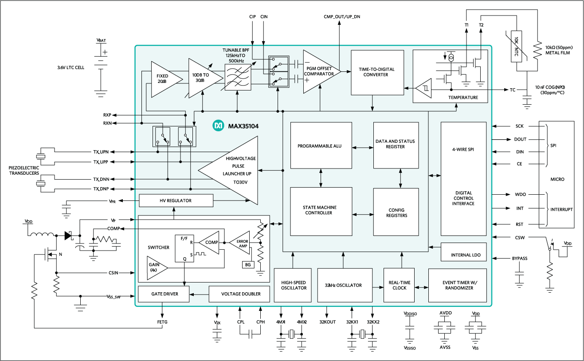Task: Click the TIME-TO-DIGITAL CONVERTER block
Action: [x=377, y=72]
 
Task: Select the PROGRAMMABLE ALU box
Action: [x=321, y=146]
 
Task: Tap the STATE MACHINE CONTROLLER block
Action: [x=321, y=211]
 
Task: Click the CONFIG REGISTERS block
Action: [x=396, y=212]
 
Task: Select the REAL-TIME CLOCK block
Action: [x=399, y=285]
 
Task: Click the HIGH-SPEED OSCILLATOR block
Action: [x=294, y=285]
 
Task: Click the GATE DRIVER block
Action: [x=164, y=294]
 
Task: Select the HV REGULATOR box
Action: [x=176, y=200]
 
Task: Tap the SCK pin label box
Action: [x=519, y=126]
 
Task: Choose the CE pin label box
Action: [x=519, y=164]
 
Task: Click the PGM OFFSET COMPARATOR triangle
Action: [x=318, y=71]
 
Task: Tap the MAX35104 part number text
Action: [x=243, y=126]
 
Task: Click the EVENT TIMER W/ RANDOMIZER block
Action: [x=457, y=285]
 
